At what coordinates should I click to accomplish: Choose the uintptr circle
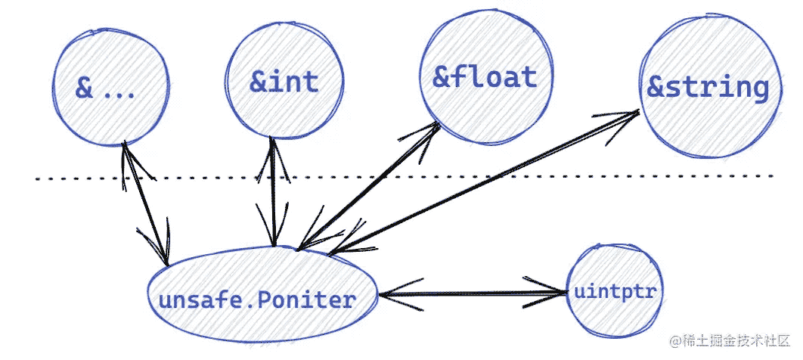click(615, 291)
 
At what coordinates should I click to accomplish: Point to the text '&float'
click(484, 77)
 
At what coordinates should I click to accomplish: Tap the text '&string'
click(708, 88)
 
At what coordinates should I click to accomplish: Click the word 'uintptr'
click(615, 291)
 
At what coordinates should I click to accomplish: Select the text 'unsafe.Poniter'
click(257, 299)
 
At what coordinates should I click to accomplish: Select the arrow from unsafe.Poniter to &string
click(484, 182)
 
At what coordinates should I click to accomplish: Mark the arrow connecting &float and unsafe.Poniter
click(370, 185)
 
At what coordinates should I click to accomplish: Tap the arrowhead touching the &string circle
click(628, 116)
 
